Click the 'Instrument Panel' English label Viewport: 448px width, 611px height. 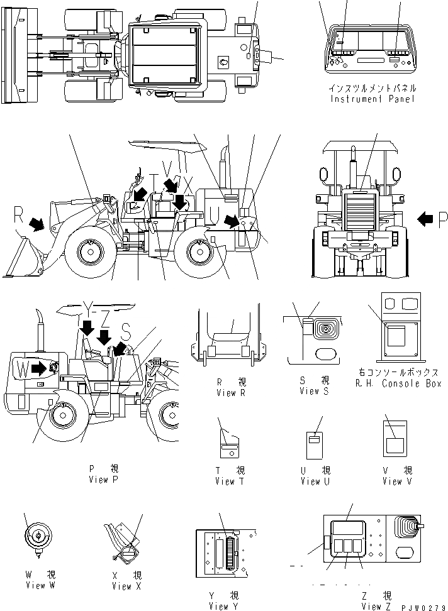372,100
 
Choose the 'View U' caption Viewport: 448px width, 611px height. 310,482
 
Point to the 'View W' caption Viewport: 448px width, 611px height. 36,586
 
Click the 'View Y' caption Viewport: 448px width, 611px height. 225,606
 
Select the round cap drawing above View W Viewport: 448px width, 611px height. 37,536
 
